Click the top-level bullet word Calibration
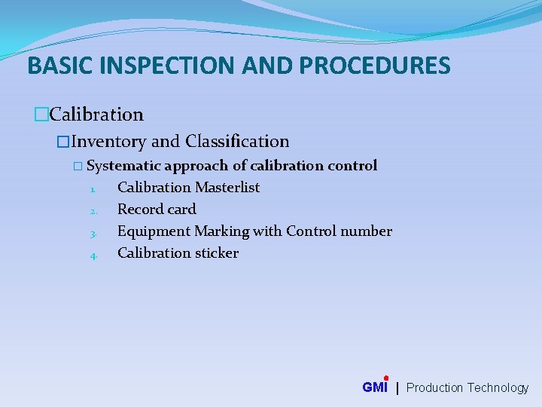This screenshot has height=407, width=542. [x=96, y=115]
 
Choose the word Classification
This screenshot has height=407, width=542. [x=237, y=141]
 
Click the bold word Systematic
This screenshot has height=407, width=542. [x=123, y=166]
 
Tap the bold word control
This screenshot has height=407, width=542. [x=352, y=166]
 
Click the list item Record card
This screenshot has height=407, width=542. [x=157, y=209]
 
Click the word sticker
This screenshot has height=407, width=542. [x=215, y=252]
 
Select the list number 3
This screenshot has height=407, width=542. [x=93, y=233]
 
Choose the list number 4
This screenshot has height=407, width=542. [x=93, y=256]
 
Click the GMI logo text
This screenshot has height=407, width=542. [x=375, y=387]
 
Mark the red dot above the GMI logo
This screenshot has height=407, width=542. [x=385, y=378]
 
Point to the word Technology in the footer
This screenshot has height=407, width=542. [x=498, y=387]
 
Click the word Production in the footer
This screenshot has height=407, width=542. [x=434, y=387]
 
